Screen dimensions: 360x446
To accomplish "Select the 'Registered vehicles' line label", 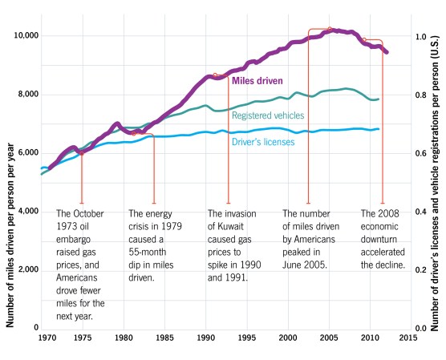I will [268, 115].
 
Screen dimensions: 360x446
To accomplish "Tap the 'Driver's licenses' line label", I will [264, 142].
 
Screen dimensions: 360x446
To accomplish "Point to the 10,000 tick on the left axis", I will [28, 36].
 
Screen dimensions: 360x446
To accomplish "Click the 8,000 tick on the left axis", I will [30, 95].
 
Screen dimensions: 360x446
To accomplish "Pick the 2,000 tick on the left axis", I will [30, 269].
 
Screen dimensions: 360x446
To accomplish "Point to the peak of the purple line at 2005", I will [329, 30].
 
